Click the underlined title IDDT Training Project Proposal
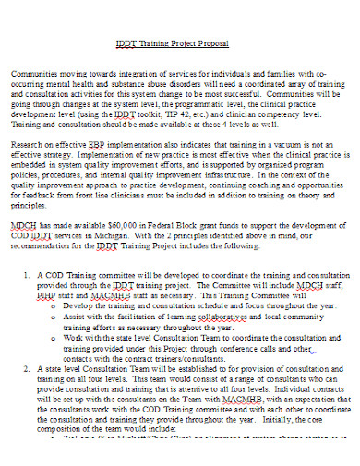pyautogui.click(x=179, y=43)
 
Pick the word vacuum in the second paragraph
pyautogui.click(x=288, y=144)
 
